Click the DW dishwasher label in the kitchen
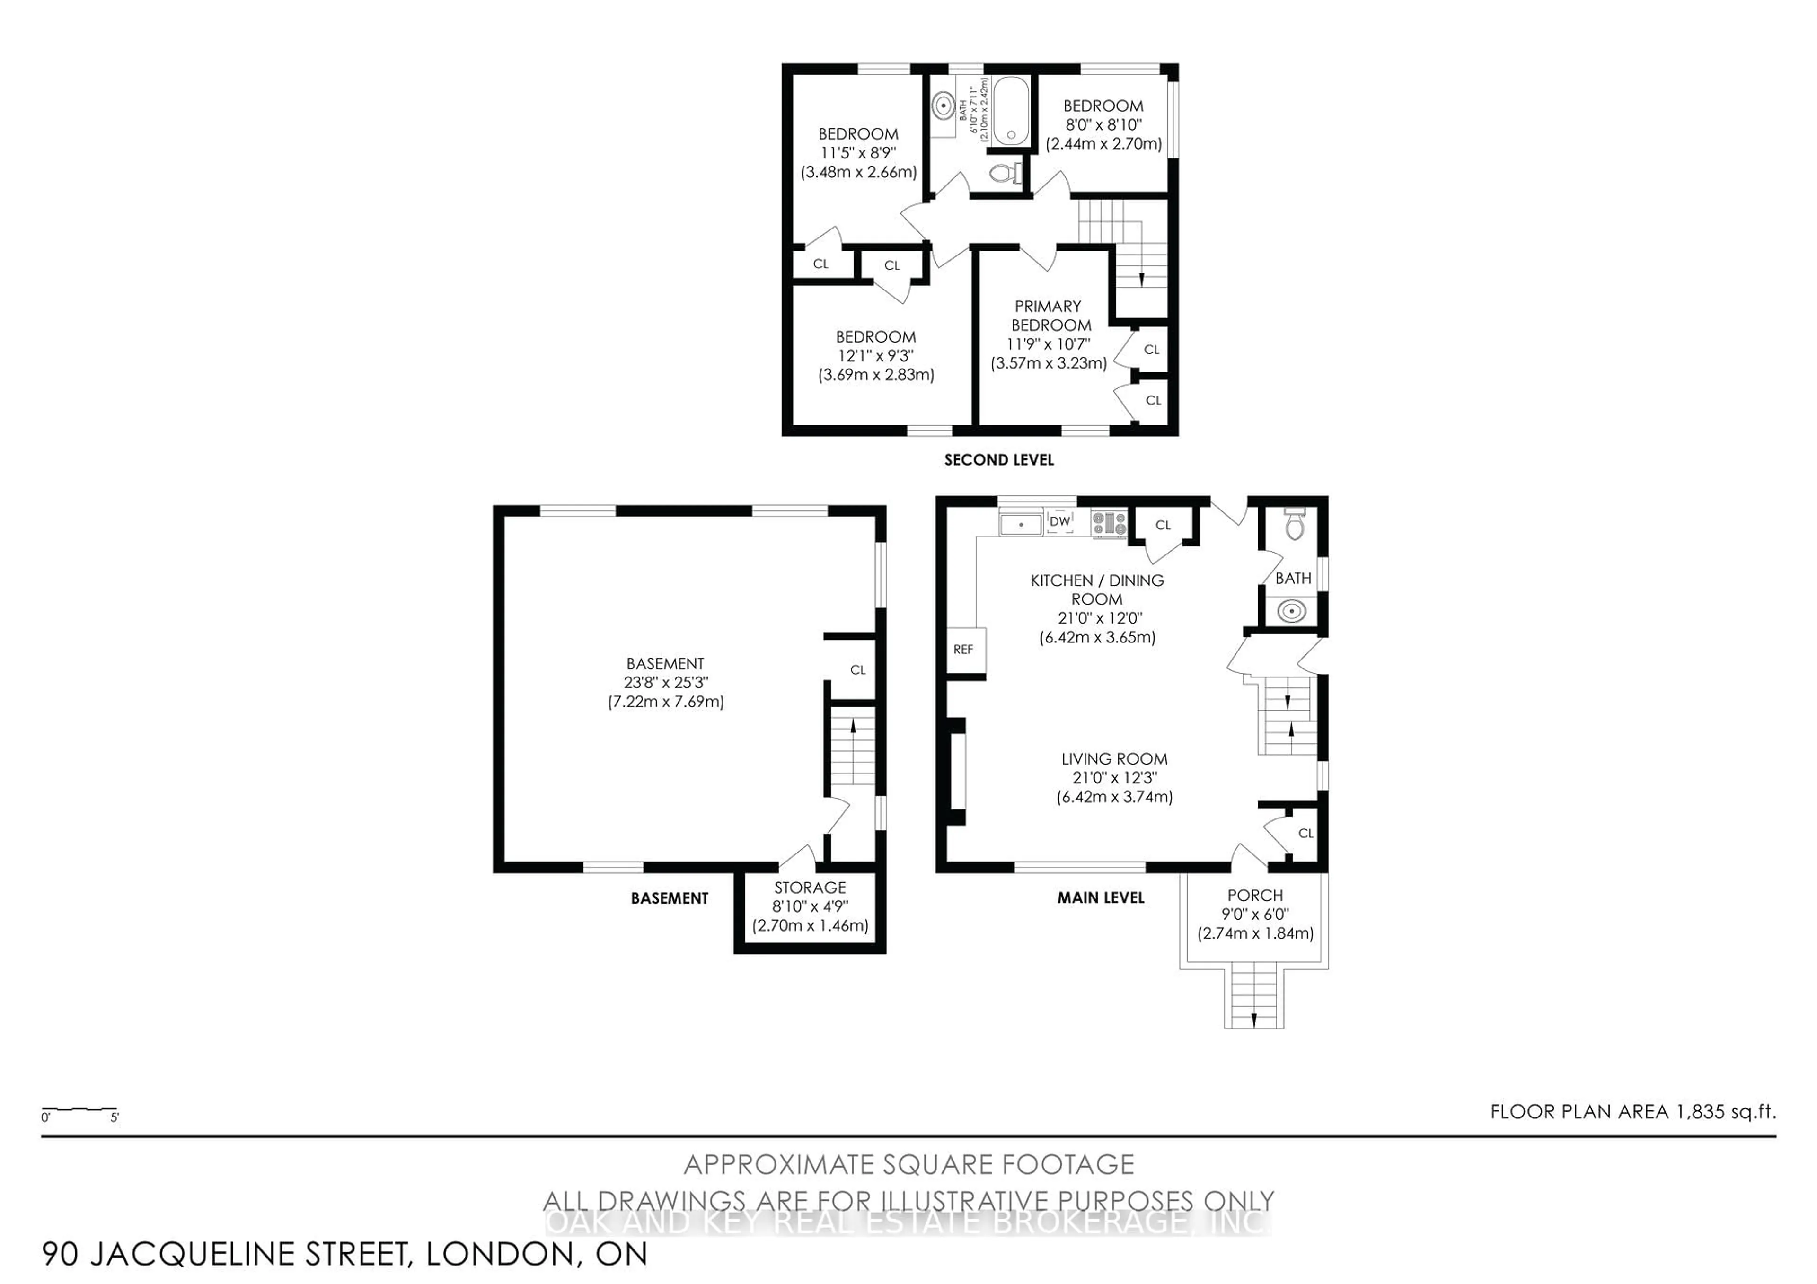pyautogui.click(x=1059, y=521)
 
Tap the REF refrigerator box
pyautogui.click(x=963, y=650)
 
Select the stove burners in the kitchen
pyautogui.click(x=1109, y=522)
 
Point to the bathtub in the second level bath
pyautogui.click(x=1011, y=111)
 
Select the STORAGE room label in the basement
pyautogui.click(x=810, y=888)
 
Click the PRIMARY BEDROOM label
pyautogui.click(x=1049, y=316)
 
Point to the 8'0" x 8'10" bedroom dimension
pyautogui.click(x=1103, y=125)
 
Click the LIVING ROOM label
pyautogui.click(x=1114, y=759)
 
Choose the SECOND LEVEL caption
pyautogui.click(x=999, y=460)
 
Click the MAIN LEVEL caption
pyautogui.click(x=1101, y=898)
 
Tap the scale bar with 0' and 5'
pyautogui.click(x=79, y=1111)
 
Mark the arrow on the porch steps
pyautogui.click(x=1253, y=1020)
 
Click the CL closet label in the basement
pyautogui.click(x=858, y=670)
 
